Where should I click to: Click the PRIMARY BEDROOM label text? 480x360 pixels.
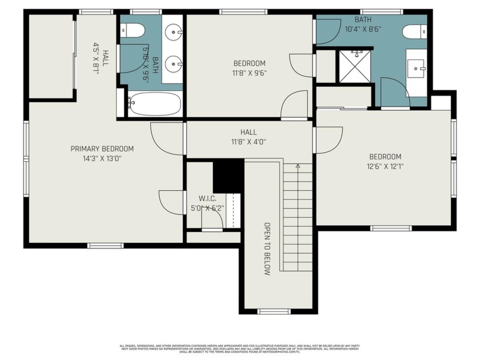click(102, 149)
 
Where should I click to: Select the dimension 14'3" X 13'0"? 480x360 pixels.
click(102, 158)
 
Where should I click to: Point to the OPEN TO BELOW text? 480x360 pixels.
click(266, 249)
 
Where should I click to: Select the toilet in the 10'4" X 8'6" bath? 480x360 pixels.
click(414, 32)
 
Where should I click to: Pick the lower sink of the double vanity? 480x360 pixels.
click(173, 63)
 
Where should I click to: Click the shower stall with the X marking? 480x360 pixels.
click(355, 66)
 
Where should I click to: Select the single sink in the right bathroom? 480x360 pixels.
click(417, 69)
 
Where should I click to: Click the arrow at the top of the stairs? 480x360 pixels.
click(298, 166)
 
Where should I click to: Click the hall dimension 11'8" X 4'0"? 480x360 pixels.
click(249, 142)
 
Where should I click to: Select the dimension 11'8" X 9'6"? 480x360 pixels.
click(249, 73)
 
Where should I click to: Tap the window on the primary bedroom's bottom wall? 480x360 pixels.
click(105, 246)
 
